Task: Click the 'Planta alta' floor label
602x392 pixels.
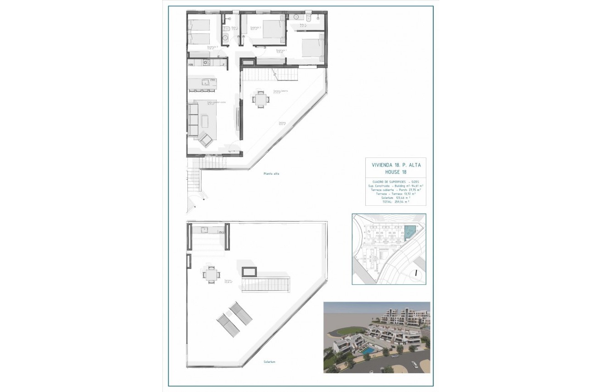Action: coord(271,173)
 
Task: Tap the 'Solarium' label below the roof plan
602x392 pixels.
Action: coord(269,362)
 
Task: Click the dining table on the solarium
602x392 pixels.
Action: coord(211,275)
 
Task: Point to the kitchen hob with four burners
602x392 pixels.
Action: coord(206,62)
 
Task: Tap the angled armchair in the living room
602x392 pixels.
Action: coord(205,140)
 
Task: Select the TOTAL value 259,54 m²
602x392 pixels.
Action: coord(400,201)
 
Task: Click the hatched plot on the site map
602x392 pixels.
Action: coord(410,231)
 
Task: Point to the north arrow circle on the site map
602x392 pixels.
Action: coord(415,274)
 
